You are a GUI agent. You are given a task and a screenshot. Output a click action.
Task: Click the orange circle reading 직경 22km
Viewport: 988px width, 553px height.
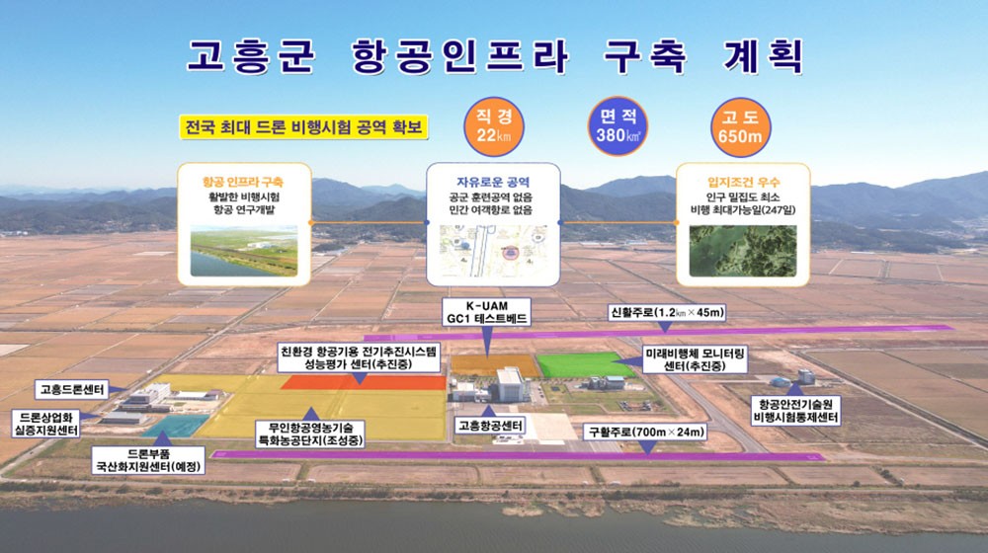coord(493,126)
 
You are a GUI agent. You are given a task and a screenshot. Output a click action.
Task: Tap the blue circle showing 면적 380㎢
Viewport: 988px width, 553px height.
coord(617,126)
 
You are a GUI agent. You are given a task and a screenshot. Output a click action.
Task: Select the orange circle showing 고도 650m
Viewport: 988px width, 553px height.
coord(740,126)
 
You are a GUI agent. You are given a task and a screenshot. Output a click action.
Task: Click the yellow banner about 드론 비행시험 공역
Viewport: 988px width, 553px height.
coord(303,127)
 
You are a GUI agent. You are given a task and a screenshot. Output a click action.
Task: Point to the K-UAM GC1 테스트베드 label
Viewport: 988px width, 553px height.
coord(486,312)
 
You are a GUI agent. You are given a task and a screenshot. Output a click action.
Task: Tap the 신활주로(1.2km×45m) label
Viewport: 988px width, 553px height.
coord(667,312)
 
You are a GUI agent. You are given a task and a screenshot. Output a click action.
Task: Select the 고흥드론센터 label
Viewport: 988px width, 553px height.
coord(71,390)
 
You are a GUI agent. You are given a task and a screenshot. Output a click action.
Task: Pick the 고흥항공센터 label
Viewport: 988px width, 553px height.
coord(490,426)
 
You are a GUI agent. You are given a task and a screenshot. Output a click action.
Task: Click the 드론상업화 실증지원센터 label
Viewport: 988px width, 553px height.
coord(46,424)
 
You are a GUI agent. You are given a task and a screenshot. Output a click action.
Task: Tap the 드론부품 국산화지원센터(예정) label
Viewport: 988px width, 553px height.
coord(149,460)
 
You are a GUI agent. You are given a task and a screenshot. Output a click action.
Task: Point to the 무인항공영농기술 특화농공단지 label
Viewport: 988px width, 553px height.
coord(311,434)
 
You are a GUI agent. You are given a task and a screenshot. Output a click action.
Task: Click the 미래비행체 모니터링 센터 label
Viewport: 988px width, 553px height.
coord(695,359)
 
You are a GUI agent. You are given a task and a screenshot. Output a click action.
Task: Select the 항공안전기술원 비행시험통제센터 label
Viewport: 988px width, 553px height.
coord(795,411)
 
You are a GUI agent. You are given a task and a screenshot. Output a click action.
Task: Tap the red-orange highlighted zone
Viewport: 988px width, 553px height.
coord(364,382)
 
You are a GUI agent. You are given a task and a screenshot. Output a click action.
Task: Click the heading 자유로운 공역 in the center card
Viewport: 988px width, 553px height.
coord(493,182)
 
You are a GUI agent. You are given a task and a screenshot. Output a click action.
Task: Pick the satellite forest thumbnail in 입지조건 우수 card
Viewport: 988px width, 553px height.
coord(743,251)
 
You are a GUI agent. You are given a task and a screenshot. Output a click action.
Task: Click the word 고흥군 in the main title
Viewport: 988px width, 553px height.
coord(251,55)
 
